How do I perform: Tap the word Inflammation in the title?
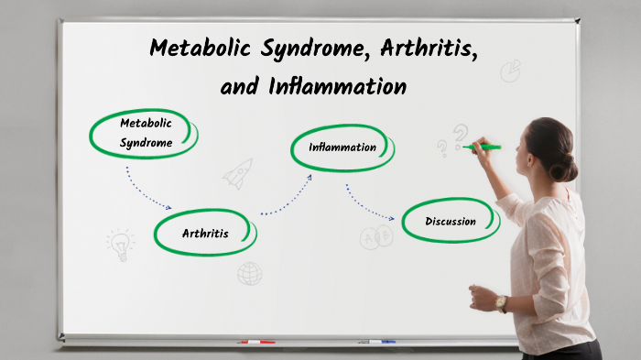337,87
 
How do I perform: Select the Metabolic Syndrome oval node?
145,133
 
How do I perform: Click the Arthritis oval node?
205,234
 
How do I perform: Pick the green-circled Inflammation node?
342,147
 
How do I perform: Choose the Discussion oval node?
451,221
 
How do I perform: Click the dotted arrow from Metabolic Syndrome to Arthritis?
147,190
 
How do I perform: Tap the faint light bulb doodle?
120,243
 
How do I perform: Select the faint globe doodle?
249,273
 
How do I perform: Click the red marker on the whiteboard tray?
256,342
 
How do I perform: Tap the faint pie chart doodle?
511,71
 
